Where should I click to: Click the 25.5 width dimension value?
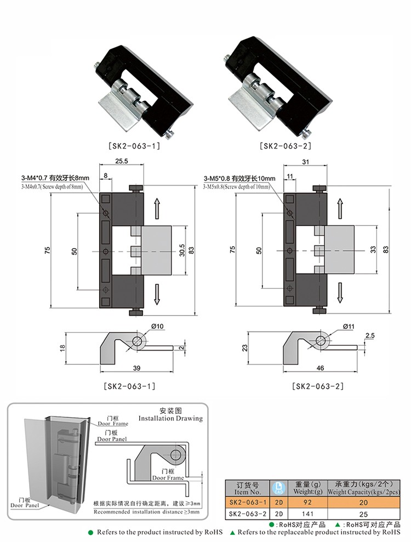click(121, 162)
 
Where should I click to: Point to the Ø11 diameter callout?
click(348, 327)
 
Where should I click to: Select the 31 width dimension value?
click(305, 162)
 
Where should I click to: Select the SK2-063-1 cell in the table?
click(247, 503)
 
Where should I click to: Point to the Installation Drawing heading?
click(170, 414)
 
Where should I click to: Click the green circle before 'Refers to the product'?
click(91, 532)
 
